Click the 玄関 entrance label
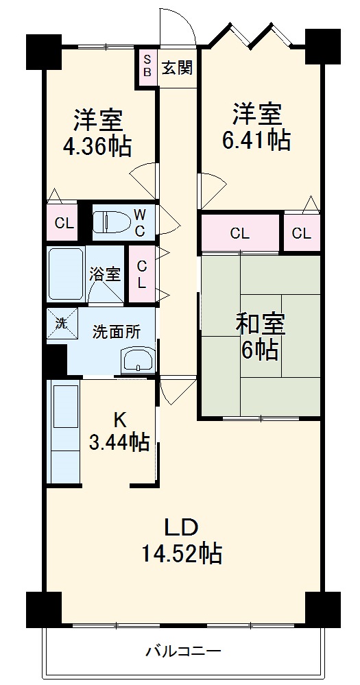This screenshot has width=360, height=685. coord(177,67)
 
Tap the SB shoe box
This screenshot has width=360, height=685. coord(147,67)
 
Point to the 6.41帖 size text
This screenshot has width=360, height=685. coord(256,139)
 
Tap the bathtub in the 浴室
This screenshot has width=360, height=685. coord(65,274)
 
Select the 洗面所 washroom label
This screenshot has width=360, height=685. coord(117,332)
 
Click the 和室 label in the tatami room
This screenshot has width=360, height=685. coord(260,322)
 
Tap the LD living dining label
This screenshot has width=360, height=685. coord(180,527)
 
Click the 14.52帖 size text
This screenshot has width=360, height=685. coord(181,553)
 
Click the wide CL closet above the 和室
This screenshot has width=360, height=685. coord(239,233)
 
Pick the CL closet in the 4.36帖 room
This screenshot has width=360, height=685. coord(64,224)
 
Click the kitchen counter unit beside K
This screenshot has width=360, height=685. coord(65,432)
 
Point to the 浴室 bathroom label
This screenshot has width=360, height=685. coord(106,274)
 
